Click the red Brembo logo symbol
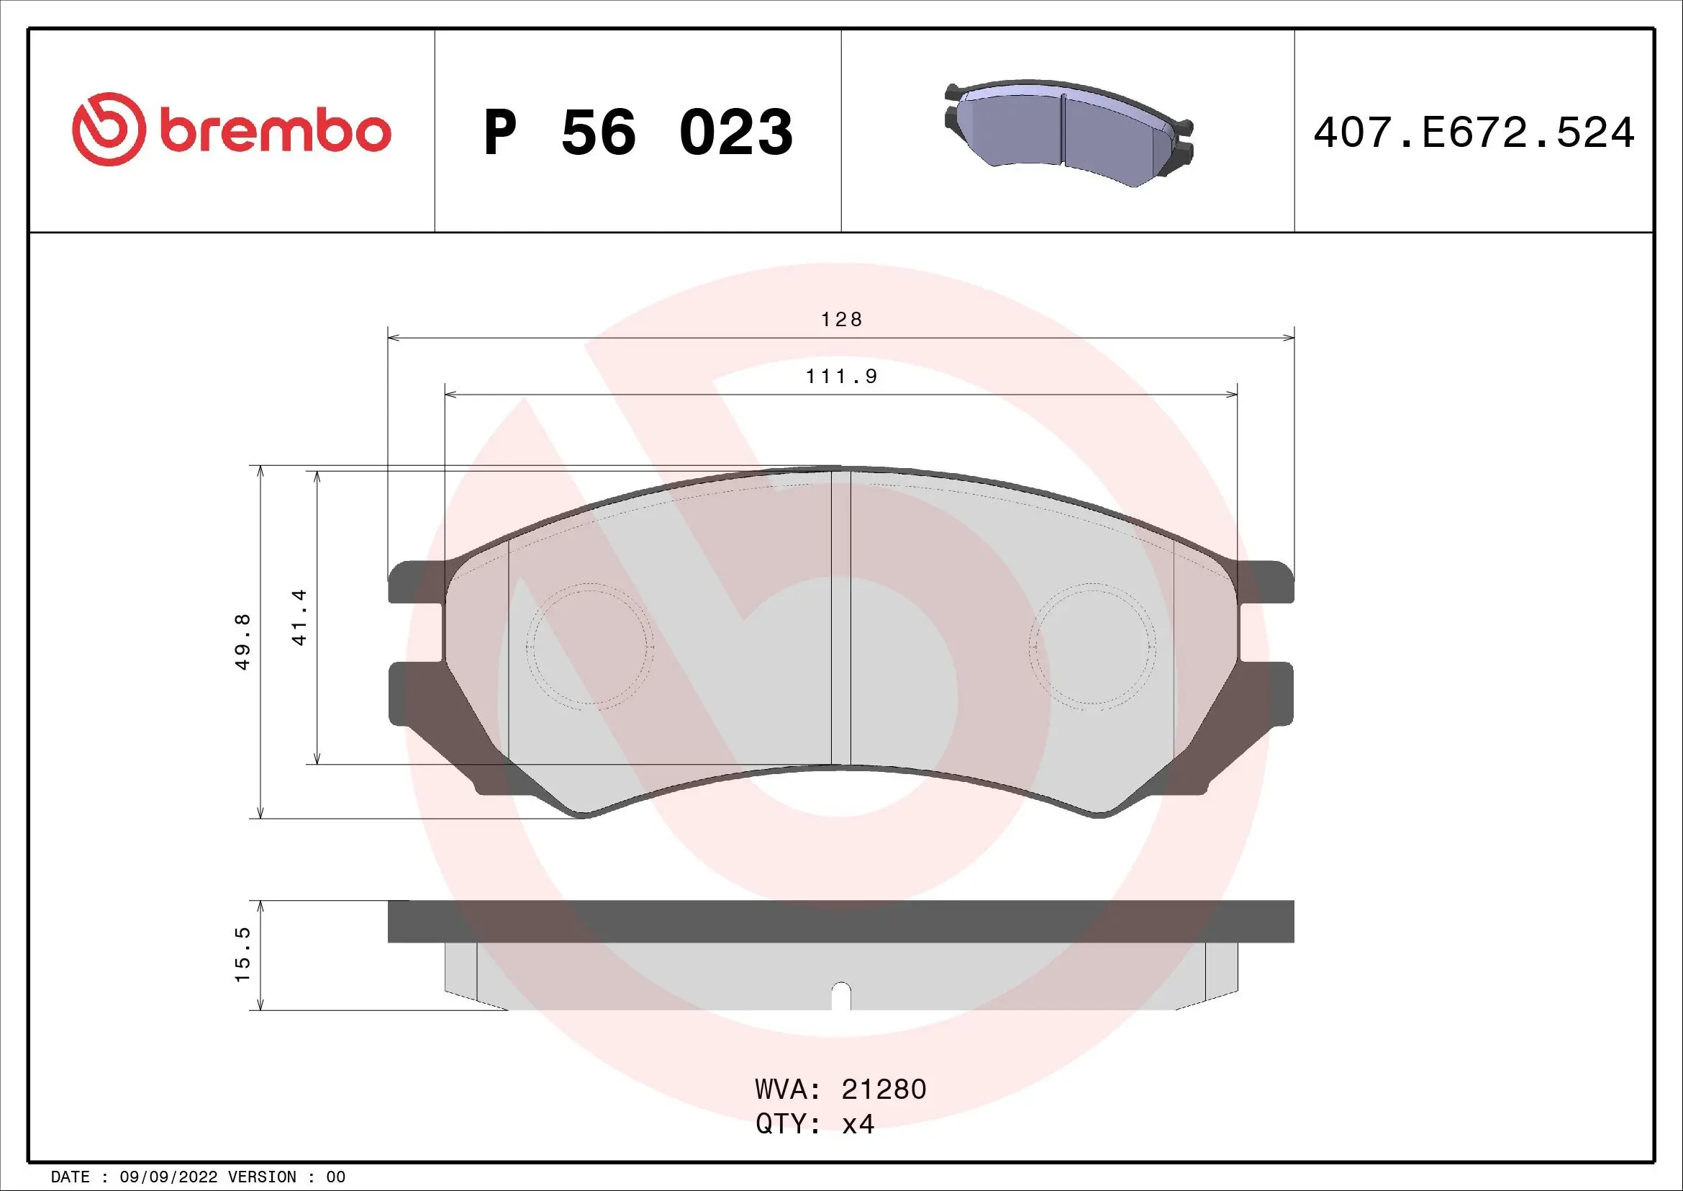point(106,129)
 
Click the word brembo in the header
point(275,131)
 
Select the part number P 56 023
point(638,132)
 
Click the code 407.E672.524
point(1474,132)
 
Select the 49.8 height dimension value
point(242,642)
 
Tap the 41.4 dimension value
point(299,617)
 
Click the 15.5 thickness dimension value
point(242,954)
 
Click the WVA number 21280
point(884,1089)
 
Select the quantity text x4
point(858,1123)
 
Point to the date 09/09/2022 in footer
point(168,1177)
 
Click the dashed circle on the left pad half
point(589,646)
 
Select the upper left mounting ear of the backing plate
point(415,583)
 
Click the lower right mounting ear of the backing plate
point(1268,693)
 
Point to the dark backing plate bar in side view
point(840,921)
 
